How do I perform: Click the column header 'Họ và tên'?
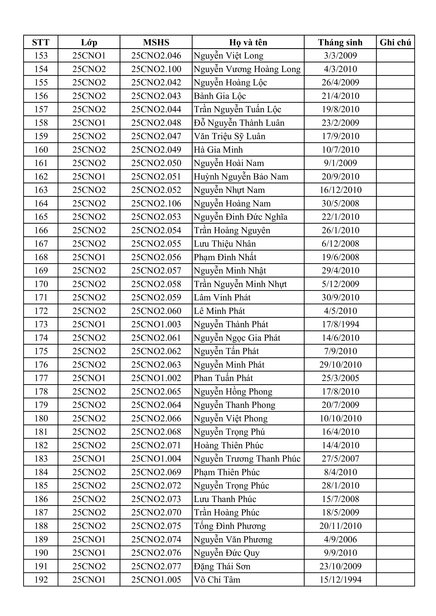[x=248, y=42]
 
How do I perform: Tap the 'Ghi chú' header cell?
[x=395, y=42]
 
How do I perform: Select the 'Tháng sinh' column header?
[x=340, y=42]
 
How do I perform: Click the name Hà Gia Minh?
[x=218, y=150]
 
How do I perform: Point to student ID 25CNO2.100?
[x=156, y=69]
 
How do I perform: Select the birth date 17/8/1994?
[x=340, y=324]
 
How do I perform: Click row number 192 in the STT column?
[x=41, y=579]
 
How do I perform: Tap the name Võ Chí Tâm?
[x=217, y=579]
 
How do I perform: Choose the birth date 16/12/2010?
[x=340, y=190]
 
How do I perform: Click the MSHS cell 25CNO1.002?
[x=156, y=378]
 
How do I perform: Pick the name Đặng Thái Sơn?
[x=222, y=566]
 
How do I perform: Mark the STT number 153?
[x=41, y=56]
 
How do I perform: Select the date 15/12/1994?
[x=340, y=579]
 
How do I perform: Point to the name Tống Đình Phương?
[x=230, y=526]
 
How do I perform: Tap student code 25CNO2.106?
[x=156, y=203]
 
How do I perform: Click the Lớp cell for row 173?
[x=89, y=324]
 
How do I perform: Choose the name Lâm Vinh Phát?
[x=222, y=298]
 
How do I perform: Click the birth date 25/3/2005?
[x=340, y=378]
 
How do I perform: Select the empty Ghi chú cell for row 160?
[x=395, y=150]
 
